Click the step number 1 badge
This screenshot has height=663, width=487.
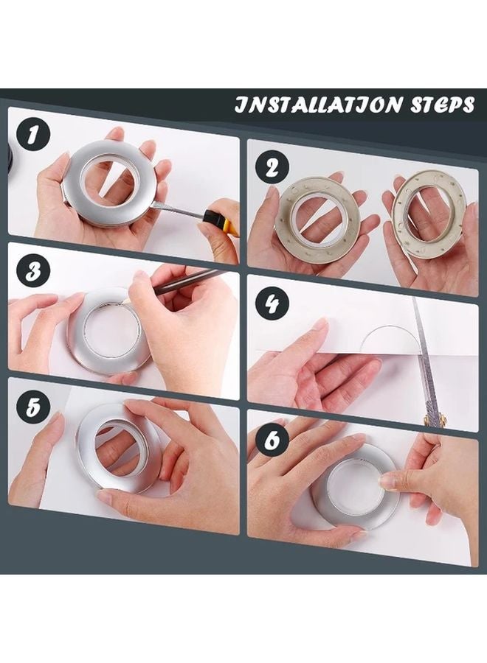(x=31, y=136)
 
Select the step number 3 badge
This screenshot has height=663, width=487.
(x=31, y=270)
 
